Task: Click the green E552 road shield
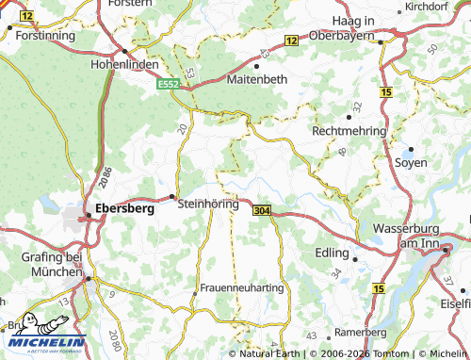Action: click(x=169, y=84)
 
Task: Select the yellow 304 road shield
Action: click(x=262, y=211)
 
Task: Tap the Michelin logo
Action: click(x=43, y=332)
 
